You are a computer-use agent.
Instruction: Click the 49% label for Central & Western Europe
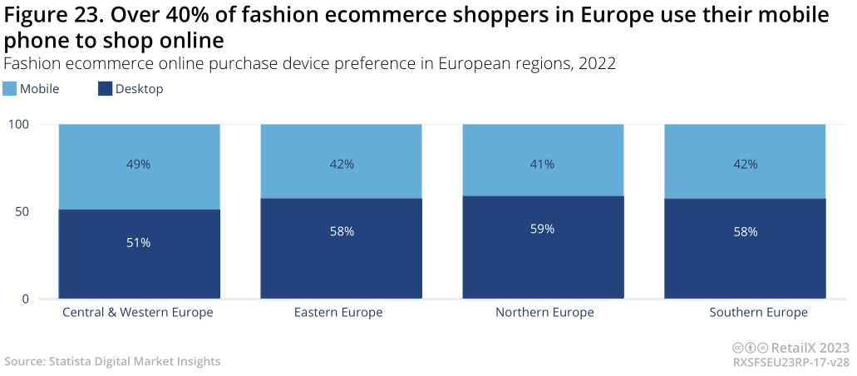tap(139, 165)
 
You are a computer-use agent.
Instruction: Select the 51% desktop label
tap(139, 243)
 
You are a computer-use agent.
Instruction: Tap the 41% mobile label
tap(543, 165)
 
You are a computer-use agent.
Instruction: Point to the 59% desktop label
tap(543, 229)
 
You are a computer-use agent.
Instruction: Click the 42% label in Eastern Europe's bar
tap(341, 165)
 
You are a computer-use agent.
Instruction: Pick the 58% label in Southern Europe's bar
tap(745, 231)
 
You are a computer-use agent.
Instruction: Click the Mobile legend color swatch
tap(10, 89)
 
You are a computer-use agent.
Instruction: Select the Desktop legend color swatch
tap(105, 89)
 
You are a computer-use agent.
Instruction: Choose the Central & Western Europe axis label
tap(138, 313)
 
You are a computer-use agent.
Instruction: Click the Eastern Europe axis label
tap(338, 313)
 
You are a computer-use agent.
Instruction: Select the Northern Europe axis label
tap(544, 313)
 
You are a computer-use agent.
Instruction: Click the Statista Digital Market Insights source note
tap(112, 361)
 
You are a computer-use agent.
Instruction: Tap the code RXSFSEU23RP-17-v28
tap(791, 364)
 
